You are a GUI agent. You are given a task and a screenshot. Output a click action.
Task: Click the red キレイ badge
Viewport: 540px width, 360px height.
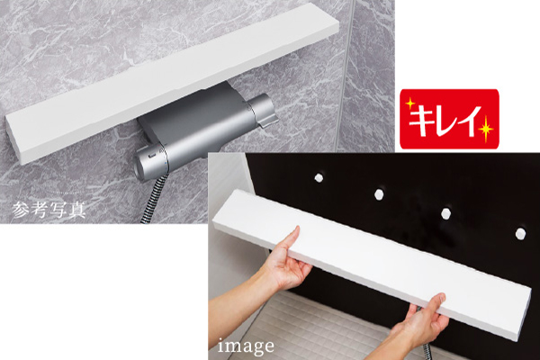(449, 119)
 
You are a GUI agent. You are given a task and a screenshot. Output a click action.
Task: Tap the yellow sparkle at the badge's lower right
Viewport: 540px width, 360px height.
(486, 129)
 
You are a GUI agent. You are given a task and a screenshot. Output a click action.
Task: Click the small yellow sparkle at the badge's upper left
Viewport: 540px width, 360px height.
(409, 103)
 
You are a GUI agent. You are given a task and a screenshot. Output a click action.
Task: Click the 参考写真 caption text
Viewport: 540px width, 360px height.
(49, 210)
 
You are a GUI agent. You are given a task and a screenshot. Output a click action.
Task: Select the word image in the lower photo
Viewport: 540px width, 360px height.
(246, 346)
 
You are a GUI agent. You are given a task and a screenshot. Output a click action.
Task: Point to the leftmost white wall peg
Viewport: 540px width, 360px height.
(319, 178)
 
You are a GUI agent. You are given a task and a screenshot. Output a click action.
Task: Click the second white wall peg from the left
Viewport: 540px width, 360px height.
(379, 194)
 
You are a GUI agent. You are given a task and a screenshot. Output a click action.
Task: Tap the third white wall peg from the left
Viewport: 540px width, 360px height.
(446, 213)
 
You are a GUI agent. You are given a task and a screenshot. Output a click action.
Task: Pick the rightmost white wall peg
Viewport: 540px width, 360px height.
(520, 233)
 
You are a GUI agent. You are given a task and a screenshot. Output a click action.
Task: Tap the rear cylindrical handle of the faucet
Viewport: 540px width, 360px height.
(263, 109)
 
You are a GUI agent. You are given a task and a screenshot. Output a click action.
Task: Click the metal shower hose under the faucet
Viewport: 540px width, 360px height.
(154, 199)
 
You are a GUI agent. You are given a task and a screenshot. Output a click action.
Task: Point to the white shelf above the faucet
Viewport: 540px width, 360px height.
(172, 83)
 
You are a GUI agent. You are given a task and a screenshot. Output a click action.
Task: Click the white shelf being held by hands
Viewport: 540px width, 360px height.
(372, 265)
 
